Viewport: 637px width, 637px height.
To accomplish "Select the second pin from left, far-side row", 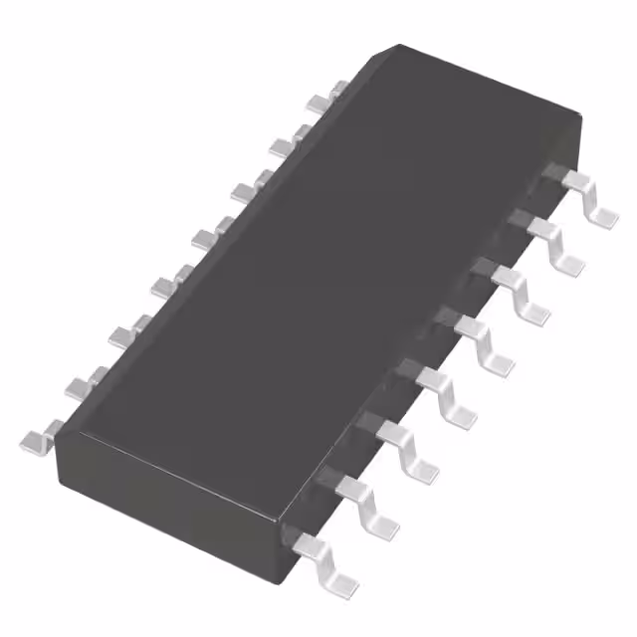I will (80, 383).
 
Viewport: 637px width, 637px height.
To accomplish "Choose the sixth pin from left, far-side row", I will (244, 190).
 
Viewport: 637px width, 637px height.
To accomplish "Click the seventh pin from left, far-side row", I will (284, 145).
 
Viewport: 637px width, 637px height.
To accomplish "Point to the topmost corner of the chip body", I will (398, 46).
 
